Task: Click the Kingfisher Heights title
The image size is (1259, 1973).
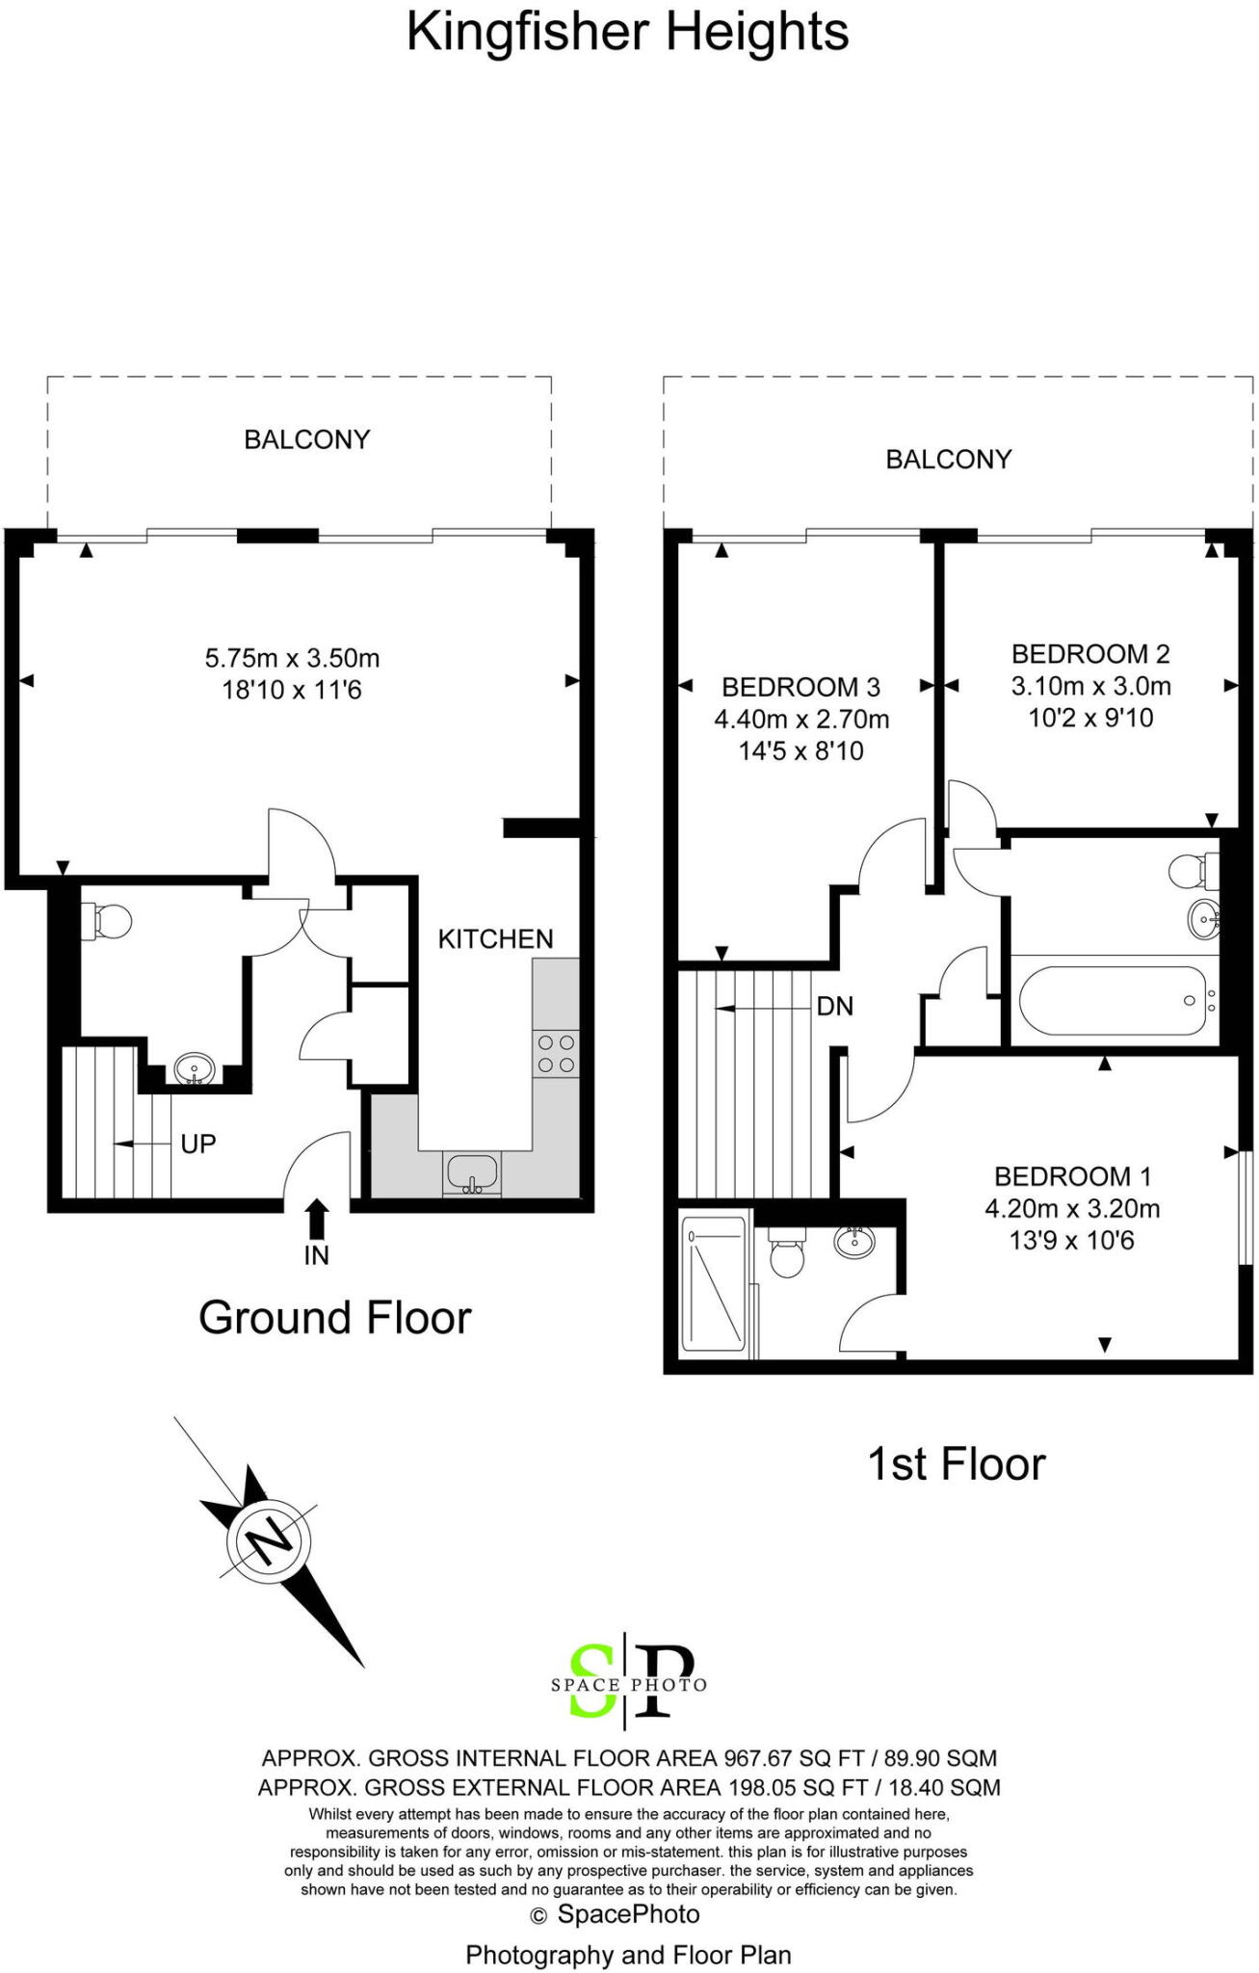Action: (x=627, y=32)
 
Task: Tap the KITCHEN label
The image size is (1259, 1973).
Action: (x=495, y=939)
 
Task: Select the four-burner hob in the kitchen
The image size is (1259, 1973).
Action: (x=556, y=1053)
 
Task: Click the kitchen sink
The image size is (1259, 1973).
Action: (x=471, y=1172)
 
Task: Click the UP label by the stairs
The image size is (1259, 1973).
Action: (x=198, y=1144)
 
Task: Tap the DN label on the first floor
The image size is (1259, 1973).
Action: (x=834, y=1007)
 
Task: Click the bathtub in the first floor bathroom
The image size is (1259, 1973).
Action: (x=1112, y=1001)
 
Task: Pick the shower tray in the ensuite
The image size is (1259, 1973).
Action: (x=714, y=1283)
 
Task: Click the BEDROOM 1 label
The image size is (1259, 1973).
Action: (x=1072, y=1176)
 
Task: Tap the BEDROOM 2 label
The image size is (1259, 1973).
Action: (x=1090, y=654)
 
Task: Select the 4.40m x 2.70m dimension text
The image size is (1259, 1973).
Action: (x=801, y=720)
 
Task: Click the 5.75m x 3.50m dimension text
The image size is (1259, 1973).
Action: (x=292, y=659)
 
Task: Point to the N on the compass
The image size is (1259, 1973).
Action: (x=269, y=1540)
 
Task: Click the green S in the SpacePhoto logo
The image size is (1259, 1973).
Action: (x=591, y=1680)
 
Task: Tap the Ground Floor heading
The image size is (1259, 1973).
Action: (x=334, y=1317)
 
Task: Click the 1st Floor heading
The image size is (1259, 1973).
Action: (x=956, y=1463)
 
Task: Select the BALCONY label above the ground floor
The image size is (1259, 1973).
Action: (x=306, y=440)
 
